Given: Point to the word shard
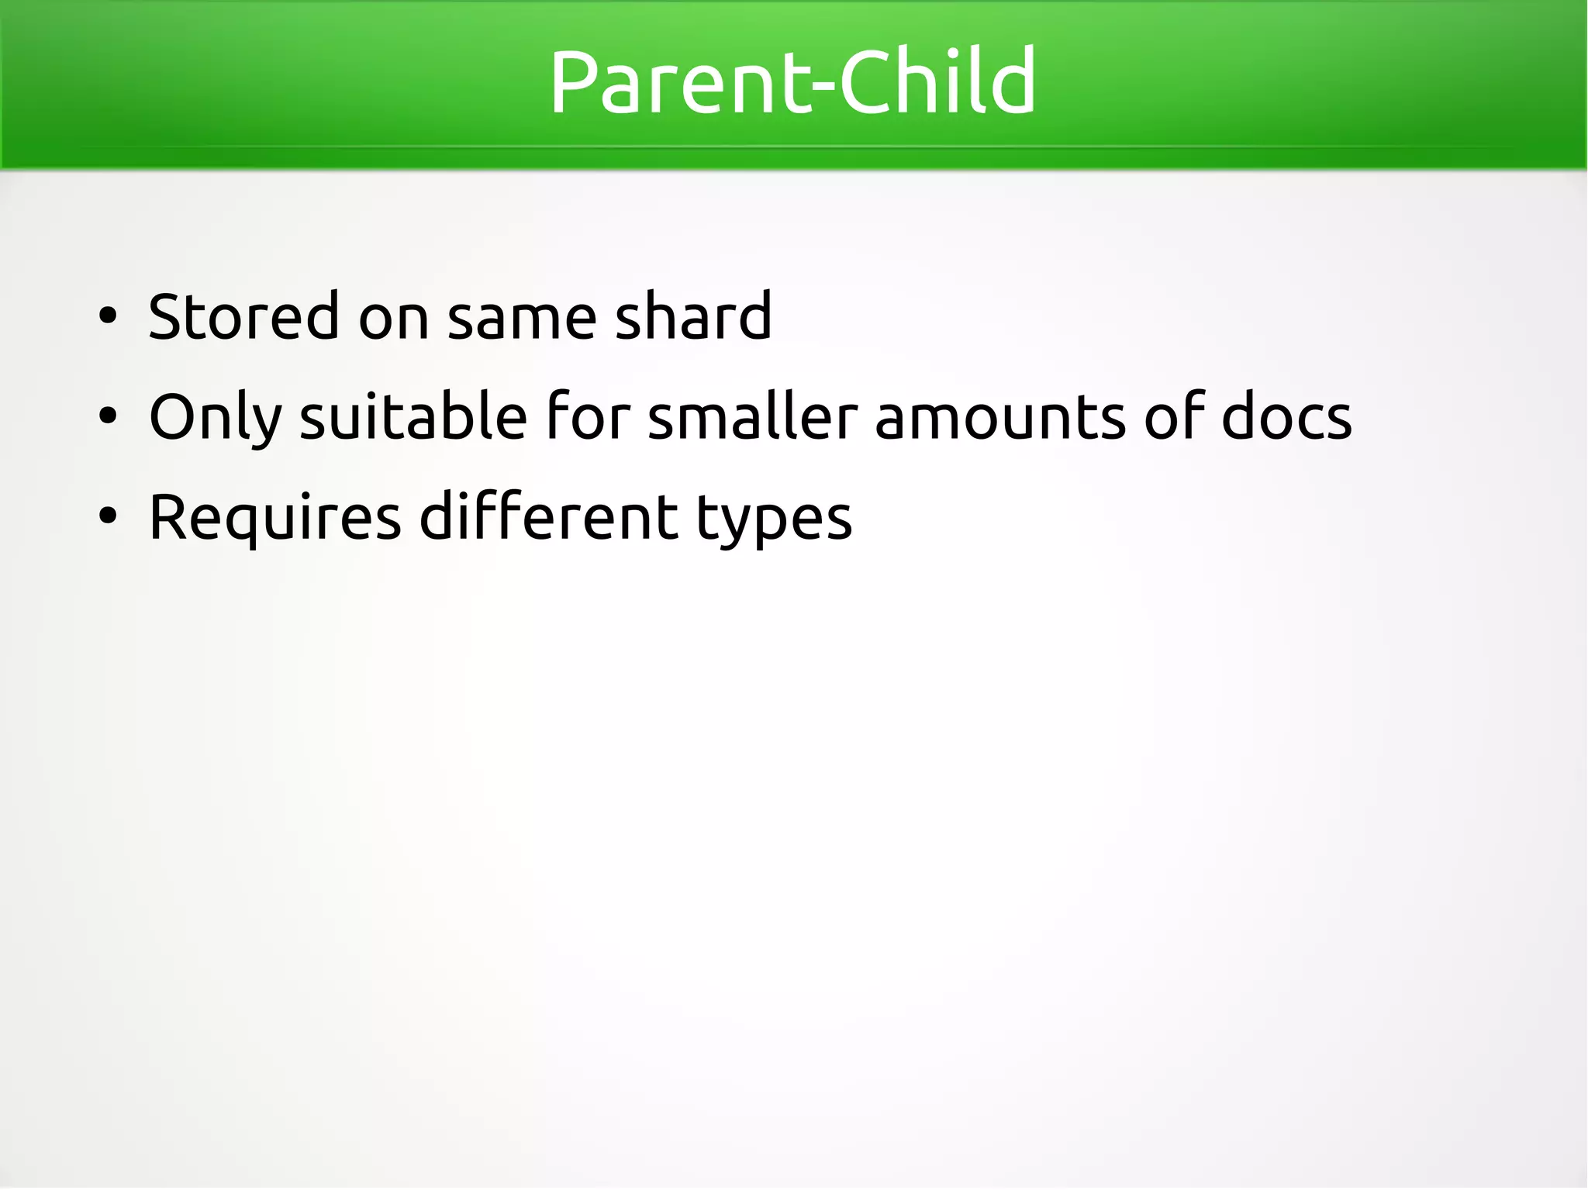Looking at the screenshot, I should pos(693,316).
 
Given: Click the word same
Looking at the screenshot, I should pos(522,318).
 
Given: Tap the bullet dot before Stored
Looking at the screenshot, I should pos(108,316).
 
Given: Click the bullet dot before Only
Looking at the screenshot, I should pos(108,416).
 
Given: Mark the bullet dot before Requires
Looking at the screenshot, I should pos(108,516).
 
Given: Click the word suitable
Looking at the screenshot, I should pos(413,416).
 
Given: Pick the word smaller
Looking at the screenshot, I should pos(752,416).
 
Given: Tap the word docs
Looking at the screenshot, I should pos(1286,416).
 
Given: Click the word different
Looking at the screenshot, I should pos(548,516).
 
